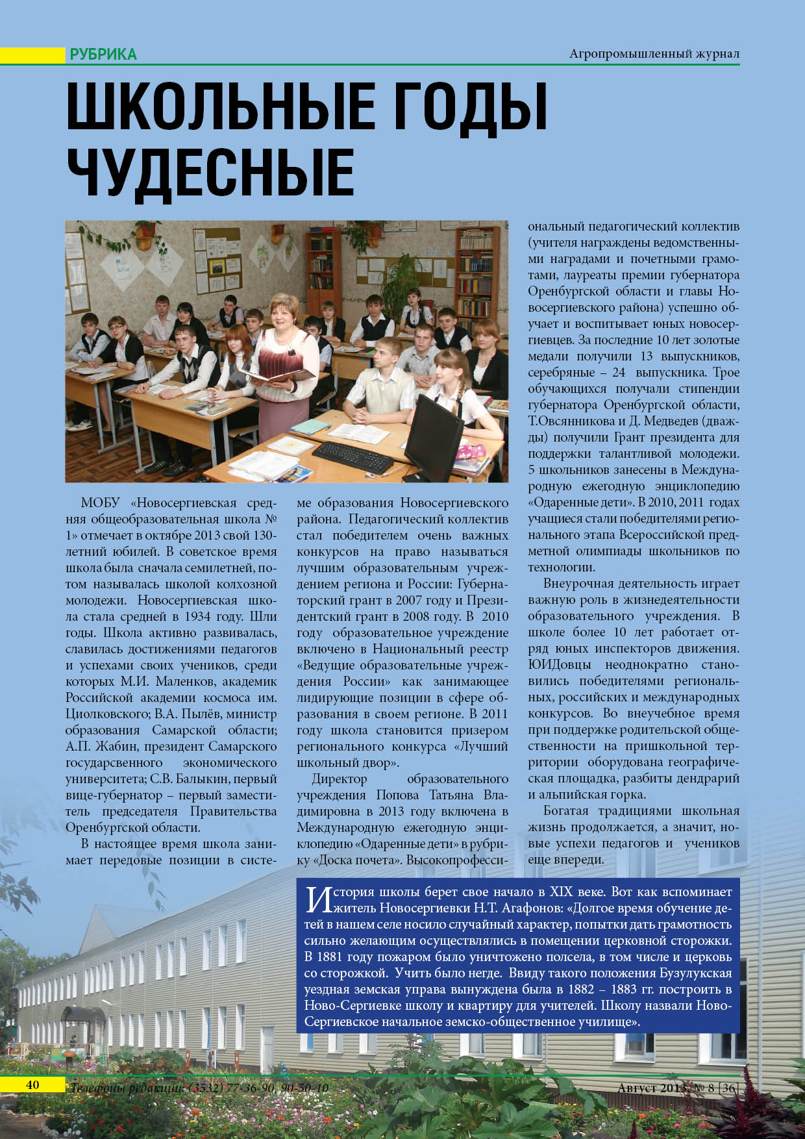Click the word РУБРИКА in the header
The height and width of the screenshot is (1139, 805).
click(x=103, y=55)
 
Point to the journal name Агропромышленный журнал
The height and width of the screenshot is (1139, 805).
click(x=654, y=54)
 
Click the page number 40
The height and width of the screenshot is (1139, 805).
click(x=32, y=1085)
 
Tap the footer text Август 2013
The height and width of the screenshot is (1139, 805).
click(x=651, y=1088)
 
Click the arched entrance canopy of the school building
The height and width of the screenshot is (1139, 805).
click(x=82, y=1014)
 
